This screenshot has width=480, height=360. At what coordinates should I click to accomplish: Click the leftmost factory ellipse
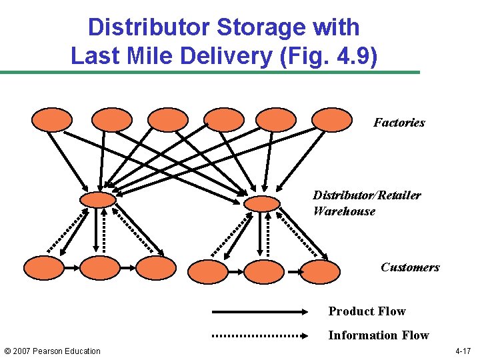(x=51, y=120)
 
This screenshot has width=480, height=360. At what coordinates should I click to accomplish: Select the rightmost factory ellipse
(x=331, y=120)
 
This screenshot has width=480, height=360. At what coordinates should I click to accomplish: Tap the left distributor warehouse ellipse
(x=97, y=199)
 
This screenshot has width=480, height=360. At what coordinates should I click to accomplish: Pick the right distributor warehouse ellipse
(x=262, y=203)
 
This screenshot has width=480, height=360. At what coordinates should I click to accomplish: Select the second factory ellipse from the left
(x=111, y=120)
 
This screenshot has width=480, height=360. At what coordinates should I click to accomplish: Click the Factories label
(x=399, y=123)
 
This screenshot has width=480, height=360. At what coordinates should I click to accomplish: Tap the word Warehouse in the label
(x=344, y=211)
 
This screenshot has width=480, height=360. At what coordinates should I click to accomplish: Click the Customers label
(x=410, y=267)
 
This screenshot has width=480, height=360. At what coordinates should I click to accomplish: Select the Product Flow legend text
(x=367, y=311)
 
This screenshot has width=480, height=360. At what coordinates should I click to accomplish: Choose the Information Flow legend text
(x=378, y=335)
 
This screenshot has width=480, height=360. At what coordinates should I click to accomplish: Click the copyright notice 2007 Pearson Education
(x=52, y=351)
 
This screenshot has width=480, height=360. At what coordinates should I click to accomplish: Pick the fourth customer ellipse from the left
(x=207, y=271)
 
